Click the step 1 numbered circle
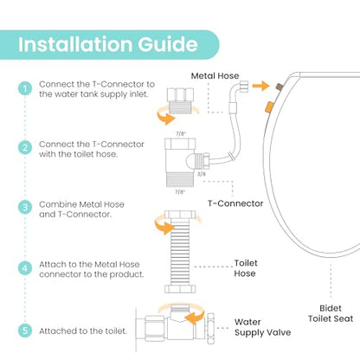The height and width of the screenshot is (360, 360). (x=25, y=88)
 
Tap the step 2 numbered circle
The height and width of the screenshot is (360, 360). (x=25, y=147)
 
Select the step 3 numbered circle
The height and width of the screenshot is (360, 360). (x=25, y=207)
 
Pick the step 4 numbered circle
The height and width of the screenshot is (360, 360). (x=25, y=268)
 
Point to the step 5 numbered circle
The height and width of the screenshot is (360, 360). (x=25, y=331)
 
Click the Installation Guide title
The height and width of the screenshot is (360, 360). (x=108, y=44)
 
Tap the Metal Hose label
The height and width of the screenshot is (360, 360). (x=215, y=76)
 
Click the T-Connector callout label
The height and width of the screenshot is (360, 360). (x=235, y=203)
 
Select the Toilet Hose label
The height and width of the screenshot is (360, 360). (x=246, y=268)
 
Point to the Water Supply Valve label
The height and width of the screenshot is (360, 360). (x=262, y=327)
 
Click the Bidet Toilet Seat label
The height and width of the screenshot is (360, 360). (x=331, y=313)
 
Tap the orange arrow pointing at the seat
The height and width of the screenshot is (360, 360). (x=260, y=86)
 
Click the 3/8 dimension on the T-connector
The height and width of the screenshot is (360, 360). (x=202, y=174)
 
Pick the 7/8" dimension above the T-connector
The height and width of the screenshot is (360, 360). (x=181, y=133)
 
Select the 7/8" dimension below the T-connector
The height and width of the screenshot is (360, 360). (x=180, y=192)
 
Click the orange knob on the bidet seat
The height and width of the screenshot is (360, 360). (x=268, y=107)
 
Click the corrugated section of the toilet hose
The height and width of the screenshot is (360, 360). (x=180, y=252)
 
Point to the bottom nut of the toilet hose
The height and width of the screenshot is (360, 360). (x=180, y=289)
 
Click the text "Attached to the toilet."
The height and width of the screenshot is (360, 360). (x=83, y=331)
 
